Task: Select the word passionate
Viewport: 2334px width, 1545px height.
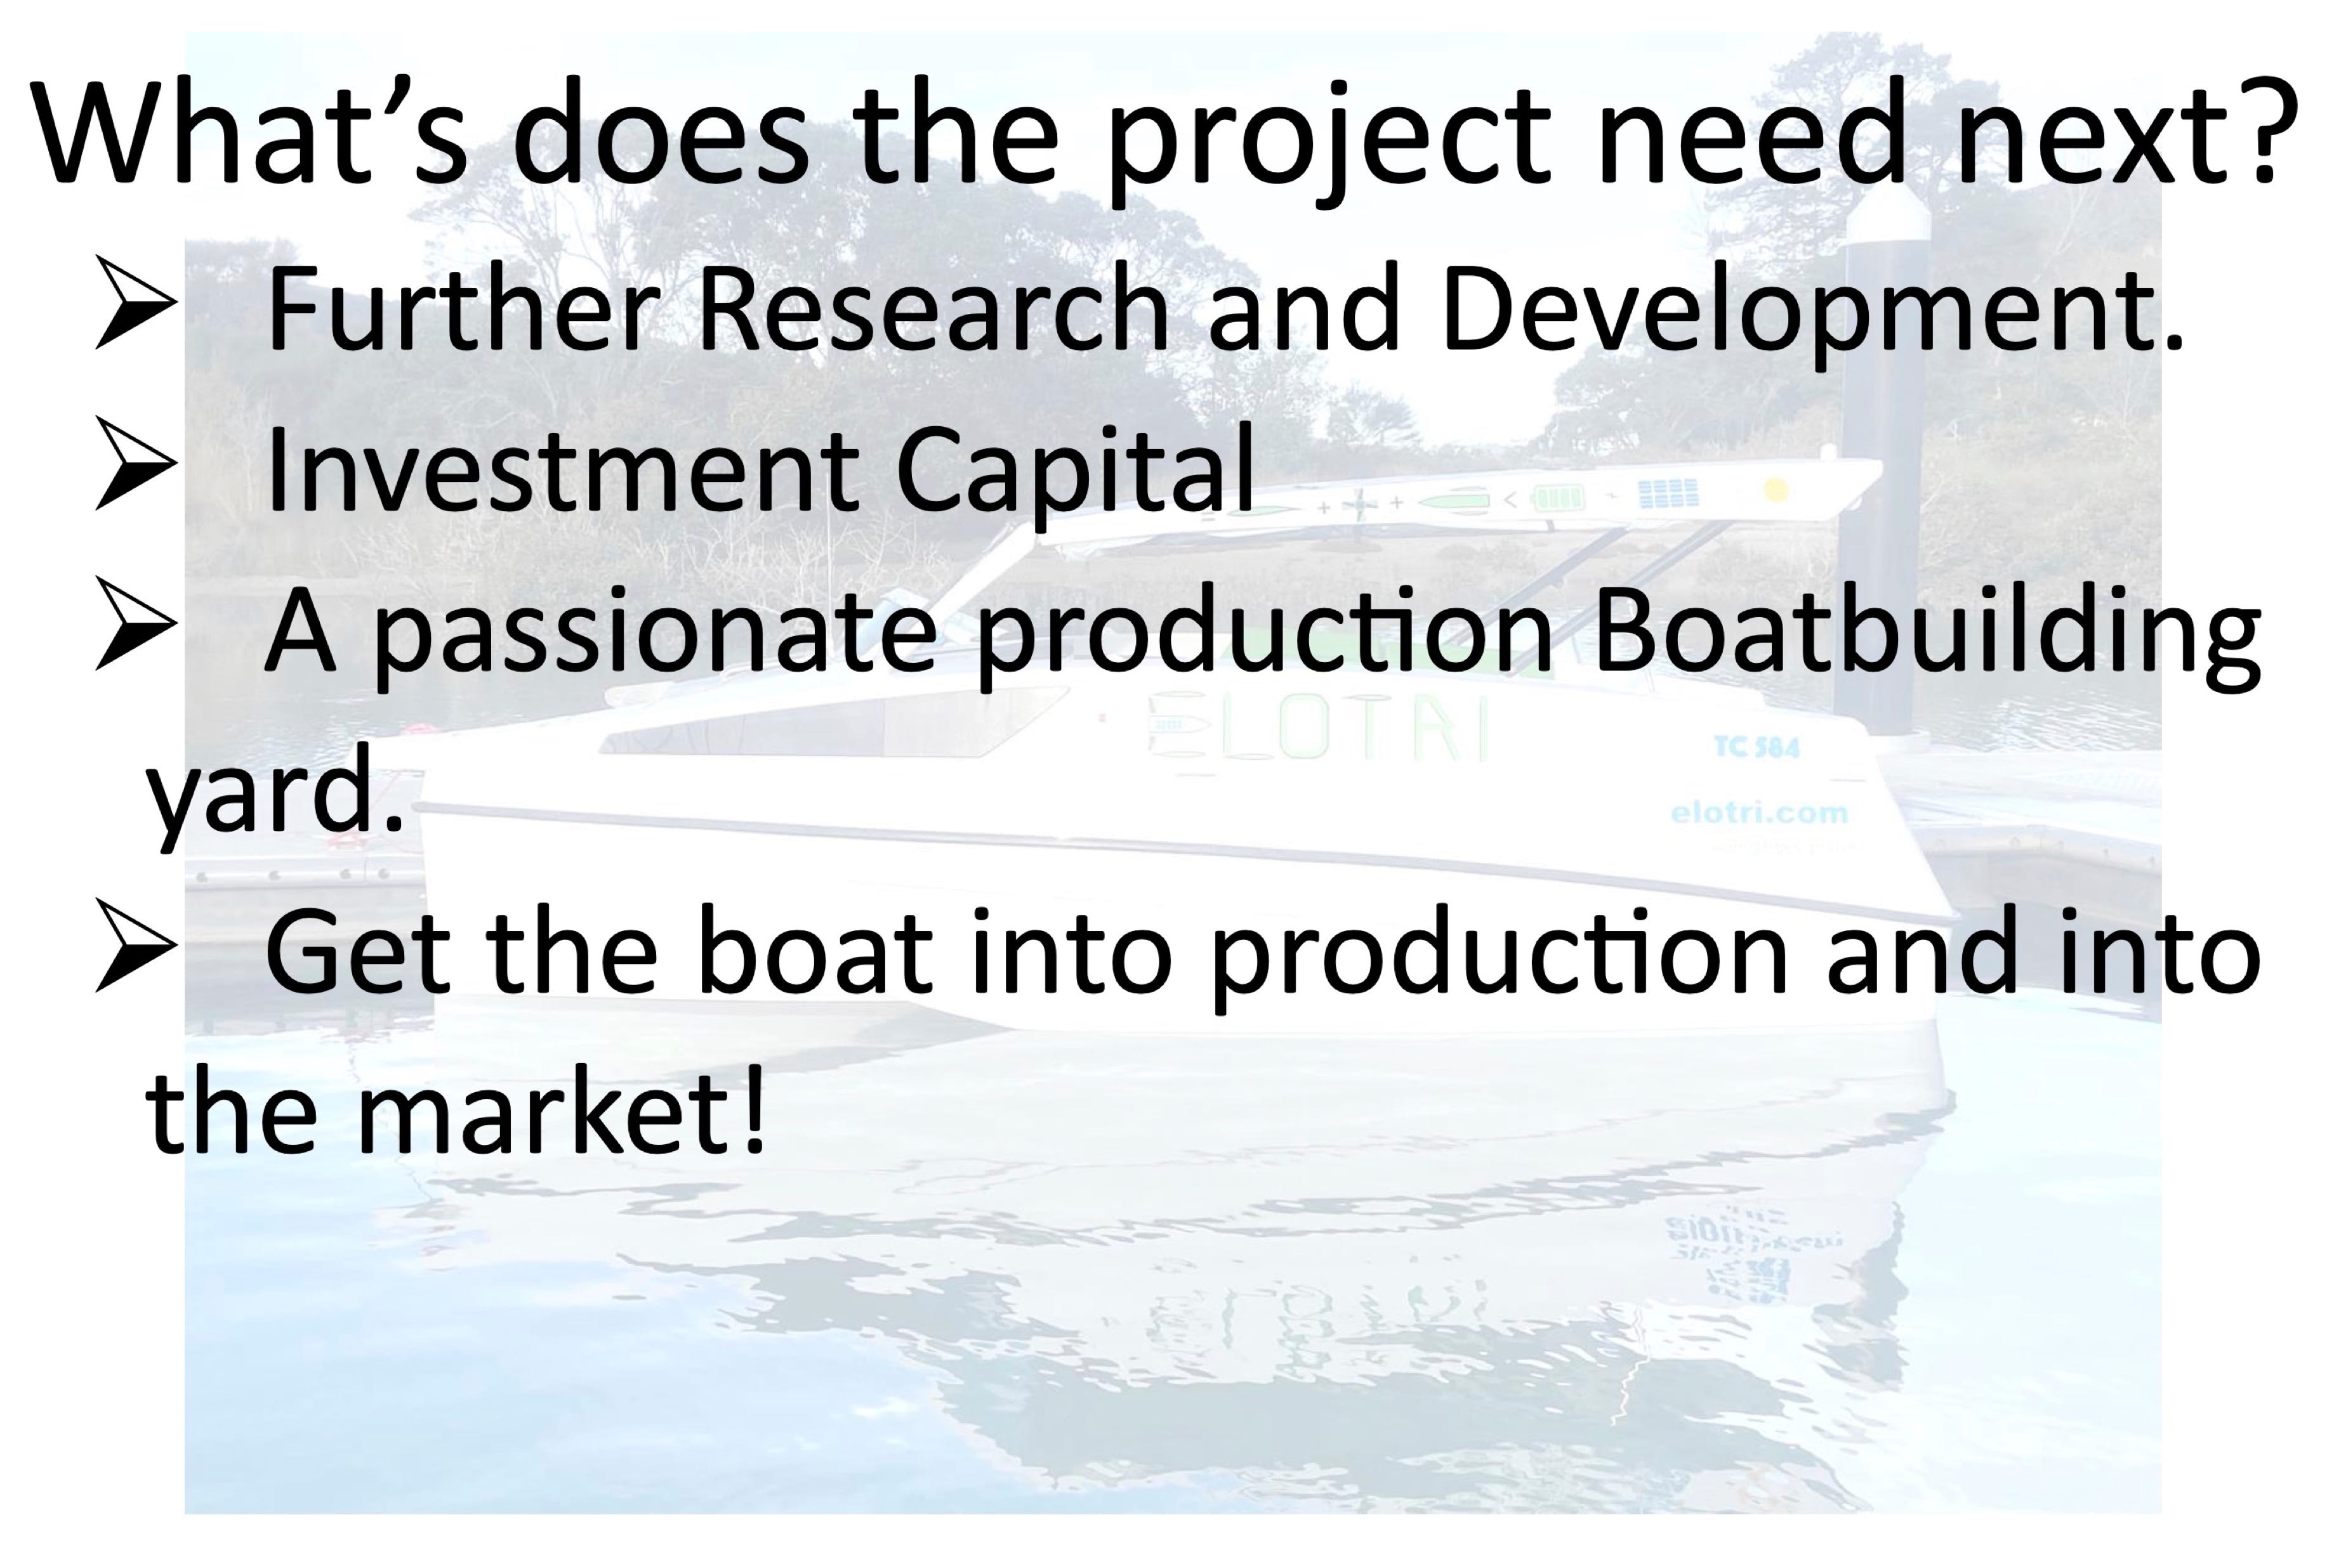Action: pyautogui.click(x=654, y=636)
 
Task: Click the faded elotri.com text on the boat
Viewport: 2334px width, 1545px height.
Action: pyautogui.click(x=1759, y=814)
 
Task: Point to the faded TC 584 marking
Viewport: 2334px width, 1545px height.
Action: pyautogui.click(x=1757, y=748)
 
